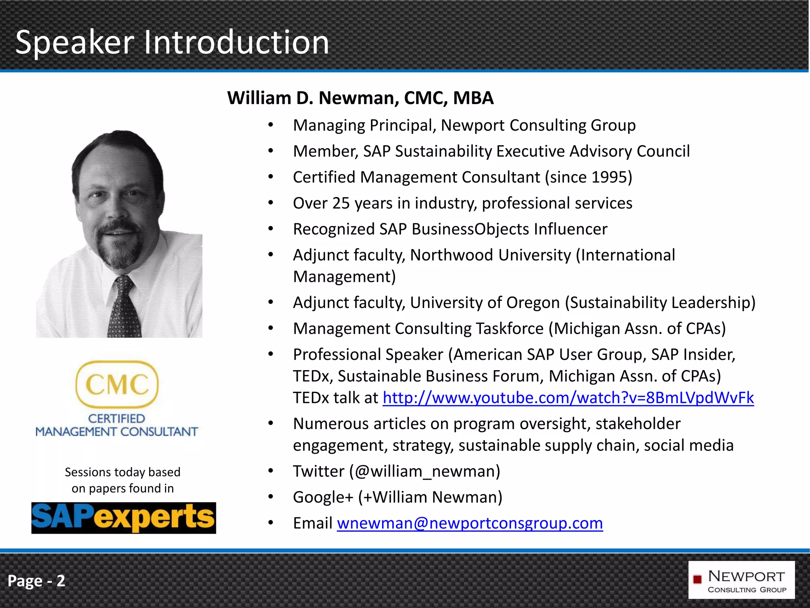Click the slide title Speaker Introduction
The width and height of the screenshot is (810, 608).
(172, 42)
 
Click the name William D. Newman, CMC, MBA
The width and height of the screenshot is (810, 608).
(360, 98)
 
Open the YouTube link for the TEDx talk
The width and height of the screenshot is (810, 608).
(568, 397)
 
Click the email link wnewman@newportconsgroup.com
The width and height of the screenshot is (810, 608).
(469, 523)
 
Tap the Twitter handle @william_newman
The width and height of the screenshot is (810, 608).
(425, 471)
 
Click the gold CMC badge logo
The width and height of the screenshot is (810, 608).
(117, 384)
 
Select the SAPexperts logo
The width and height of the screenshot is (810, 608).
(123, 518)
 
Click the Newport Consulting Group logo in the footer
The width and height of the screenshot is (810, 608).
(741, 580)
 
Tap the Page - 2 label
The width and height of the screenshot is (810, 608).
(36, 581)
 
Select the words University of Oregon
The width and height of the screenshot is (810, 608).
(485, 302)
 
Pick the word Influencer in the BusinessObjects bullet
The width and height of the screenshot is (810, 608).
(570, 229)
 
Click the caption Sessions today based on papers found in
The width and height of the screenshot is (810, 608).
(123, 480)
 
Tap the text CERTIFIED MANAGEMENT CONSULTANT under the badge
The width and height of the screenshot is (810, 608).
(117, 425)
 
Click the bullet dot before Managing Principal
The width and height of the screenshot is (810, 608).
(271, 125)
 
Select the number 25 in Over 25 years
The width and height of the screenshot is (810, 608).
(341, 203)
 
